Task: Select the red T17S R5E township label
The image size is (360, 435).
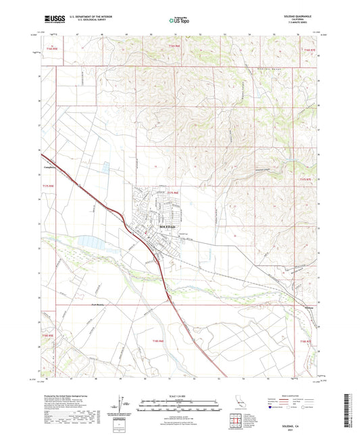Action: point(47,185)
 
